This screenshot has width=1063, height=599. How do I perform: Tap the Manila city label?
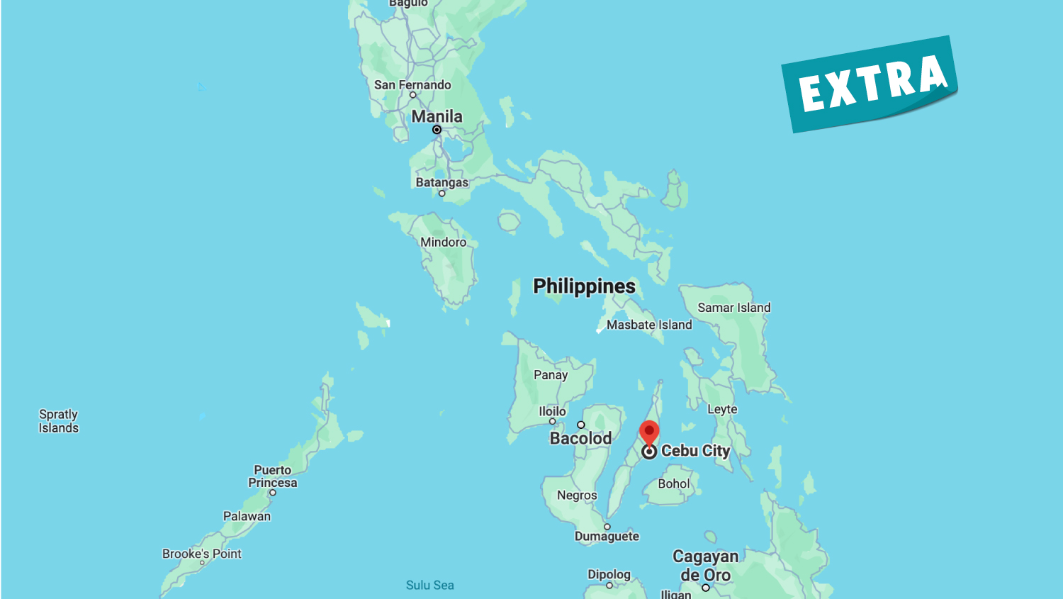(x=437, y=116)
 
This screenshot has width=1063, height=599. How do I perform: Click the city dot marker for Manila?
(x=437, y=130)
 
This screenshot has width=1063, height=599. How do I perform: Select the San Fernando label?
(x=412, y=85)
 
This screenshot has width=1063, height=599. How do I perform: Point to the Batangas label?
(x=441, y=182)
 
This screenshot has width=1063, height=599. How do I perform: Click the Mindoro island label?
(x=443, y=242)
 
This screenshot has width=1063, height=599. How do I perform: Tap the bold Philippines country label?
(x=584, y=286)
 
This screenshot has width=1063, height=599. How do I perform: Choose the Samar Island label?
(x=733, y=308)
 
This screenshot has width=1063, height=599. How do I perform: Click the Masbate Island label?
(x=649, y=325)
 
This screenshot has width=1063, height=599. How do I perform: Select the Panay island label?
(x=551, y=375)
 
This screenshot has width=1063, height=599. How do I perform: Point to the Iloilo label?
(x=552, y=411)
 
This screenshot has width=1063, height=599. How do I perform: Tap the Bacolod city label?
(x=580, y=438)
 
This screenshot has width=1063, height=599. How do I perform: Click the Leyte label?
(x=722, y=409)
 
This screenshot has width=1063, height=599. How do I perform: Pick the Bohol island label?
(x=673, y=483)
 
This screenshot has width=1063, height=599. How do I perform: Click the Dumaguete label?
(x=607, y=536)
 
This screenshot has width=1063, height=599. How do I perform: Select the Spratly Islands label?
(x=59, y=421)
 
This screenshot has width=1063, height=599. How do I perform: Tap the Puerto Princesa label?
(x=273, y=476)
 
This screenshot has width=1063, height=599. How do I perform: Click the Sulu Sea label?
(x=429, y=585)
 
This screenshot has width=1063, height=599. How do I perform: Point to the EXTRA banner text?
(x=872, y=84)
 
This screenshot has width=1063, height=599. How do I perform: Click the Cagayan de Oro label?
(x=705, y=566)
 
